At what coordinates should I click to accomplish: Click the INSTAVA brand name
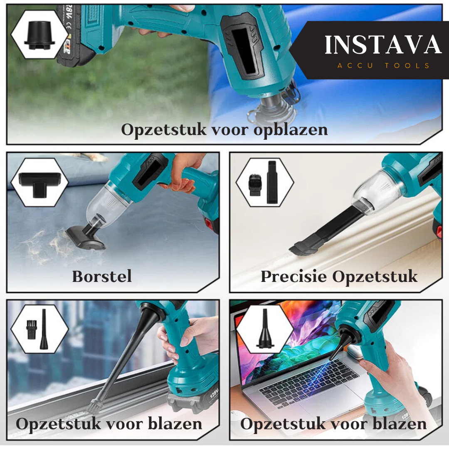click(x=383, y=45)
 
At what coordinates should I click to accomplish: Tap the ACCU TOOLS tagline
click(x=383, y=66)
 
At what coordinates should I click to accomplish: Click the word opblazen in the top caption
click(x=291, y=130)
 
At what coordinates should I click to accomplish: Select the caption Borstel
click(x=102, y=276)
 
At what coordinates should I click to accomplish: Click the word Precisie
click(x=294, y=277)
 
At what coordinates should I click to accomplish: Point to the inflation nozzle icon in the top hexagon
click(x=39, y=35)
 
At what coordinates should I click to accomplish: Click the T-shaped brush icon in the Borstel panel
click(x=39, y=185)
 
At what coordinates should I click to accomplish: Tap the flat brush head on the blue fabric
click(x=86, y=238)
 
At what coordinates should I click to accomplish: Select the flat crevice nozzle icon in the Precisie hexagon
click(x=272, y=182)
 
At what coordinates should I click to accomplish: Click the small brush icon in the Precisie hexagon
click(x=254, y=185)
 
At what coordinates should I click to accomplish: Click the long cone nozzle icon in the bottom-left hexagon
click(x=44, y=329)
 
